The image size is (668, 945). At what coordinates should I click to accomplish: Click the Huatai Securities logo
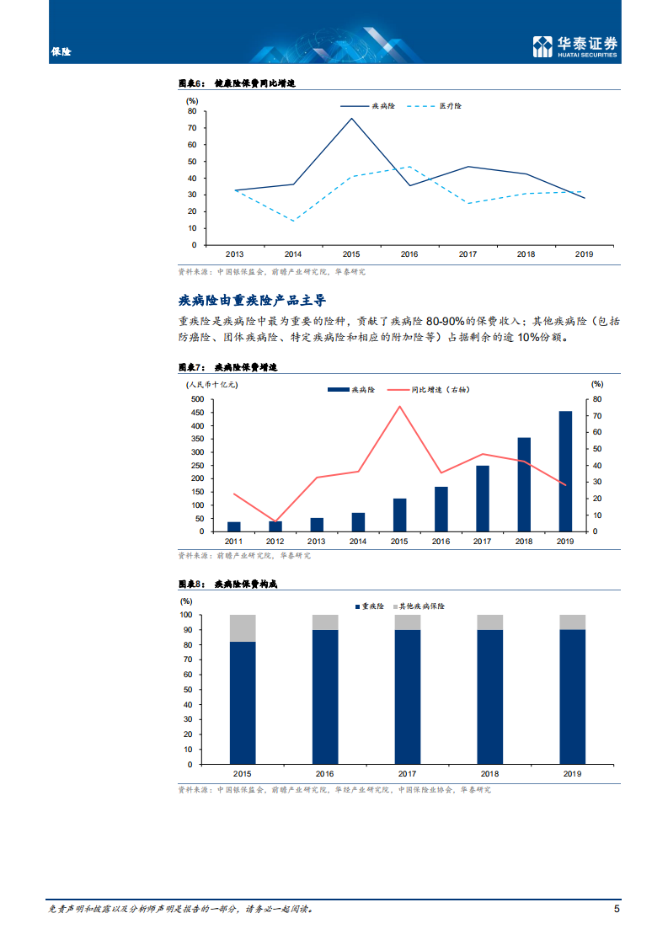click(x=575, y=46)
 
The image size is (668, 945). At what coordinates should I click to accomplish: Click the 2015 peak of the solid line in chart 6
click(x=351, y=118)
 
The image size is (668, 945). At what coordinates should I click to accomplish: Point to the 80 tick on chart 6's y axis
click(x=192, y=111)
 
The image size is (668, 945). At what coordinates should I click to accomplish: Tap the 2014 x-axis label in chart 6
click(x=293, y=254)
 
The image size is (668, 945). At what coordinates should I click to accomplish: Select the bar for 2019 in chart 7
click(x=565, y=471)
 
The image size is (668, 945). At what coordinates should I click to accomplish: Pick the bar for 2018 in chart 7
click(x=524, y=484)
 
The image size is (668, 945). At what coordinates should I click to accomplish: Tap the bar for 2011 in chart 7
click(x=233, y=526)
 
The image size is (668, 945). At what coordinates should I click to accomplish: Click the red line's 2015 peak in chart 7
click(x=399, y=406)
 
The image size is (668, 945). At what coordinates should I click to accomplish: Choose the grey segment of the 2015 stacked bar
click(x=243, y=628)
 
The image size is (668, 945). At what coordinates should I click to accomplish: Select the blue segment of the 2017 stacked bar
click(x=408, y=697)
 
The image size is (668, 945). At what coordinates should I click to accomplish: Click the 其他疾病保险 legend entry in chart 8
click(x=423, y=606)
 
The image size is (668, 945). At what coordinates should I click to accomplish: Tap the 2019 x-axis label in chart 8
click(x=572, y=773)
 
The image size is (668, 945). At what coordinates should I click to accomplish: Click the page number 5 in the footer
click(x=617, y=910)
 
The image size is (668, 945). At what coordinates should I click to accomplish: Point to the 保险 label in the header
click(x=61, y=52)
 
